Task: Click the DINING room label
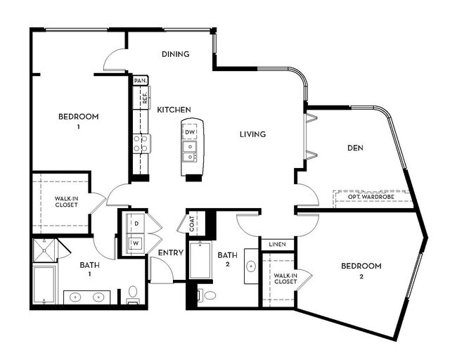tap(176, 54)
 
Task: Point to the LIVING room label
tap(252, 134)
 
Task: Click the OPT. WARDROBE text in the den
tap(371, 197)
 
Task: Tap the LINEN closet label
tap(277, 244)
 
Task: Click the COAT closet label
tap(192, 223)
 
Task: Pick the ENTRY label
tap(171, 253)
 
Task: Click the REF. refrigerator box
tap(144, 98)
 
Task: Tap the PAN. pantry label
tap(139, 81)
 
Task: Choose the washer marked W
tap(135, 243)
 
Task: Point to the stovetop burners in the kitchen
tap(140, 143)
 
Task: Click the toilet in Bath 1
tap(134, 293)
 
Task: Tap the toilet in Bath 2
tap(202, 295)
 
